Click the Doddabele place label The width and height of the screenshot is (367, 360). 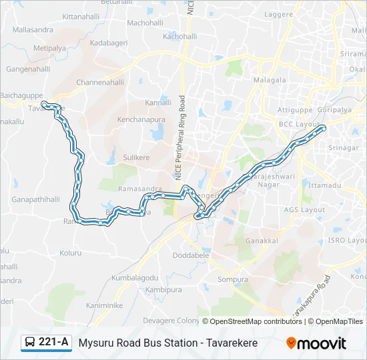[192, 255]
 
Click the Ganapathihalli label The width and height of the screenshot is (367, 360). [36, 199]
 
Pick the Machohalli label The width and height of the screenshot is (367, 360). [145, 23]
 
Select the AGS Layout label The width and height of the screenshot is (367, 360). [304, 209]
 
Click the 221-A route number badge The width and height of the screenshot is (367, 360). [46, 343]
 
